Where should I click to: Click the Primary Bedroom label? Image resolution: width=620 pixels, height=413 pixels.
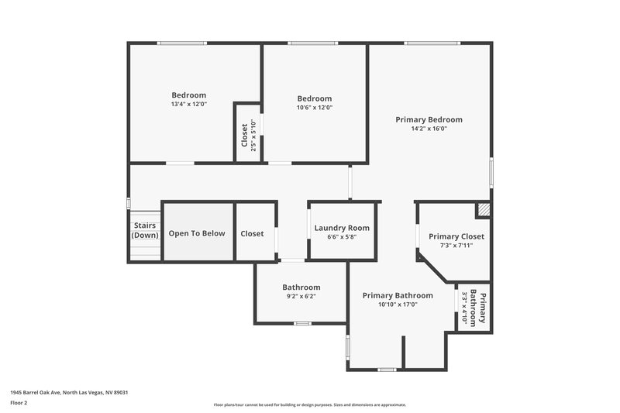429,119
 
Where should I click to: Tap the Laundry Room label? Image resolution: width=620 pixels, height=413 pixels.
342,228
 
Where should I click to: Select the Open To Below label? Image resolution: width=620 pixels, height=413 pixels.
197,233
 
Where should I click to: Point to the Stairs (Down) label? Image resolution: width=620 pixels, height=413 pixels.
143,230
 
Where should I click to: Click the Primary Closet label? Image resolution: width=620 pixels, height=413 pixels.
456,236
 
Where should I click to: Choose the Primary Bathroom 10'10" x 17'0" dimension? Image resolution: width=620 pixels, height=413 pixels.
398,305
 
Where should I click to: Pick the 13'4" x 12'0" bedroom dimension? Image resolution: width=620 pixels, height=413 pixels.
189,104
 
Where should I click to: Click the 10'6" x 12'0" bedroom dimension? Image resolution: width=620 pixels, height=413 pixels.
315,108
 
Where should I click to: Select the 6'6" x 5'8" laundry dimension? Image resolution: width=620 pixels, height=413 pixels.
342,237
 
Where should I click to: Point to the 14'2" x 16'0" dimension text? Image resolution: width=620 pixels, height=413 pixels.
429,129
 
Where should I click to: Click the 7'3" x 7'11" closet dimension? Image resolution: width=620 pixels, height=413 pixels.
456,246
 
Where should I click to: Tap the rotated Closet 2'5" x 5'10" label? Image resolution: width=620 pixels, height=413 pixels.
248,137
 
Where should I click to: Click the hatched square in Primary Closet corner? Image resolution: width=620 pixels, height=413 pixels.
484,209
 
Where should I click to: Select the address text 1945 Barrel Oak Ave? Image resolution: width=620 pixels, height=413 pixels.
69,392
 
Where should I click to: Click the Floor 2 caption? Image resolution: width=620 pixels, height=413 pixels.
19,403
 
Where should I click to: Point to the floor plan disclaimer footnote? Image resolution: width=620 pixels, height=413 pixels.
309,404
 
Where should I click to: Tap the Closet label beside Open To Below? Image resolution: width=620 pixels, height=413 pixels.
252,233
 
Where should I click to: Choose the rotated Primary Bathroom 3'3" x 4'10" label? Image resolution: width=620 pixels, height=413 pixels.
473,308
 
